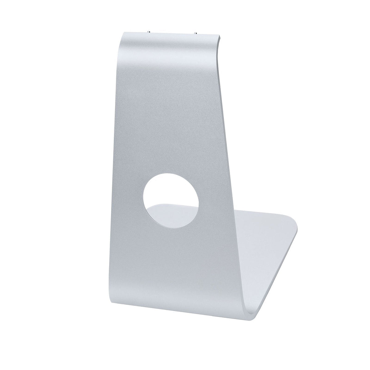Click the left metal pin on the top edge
149,31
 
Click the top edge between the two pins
173,31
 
